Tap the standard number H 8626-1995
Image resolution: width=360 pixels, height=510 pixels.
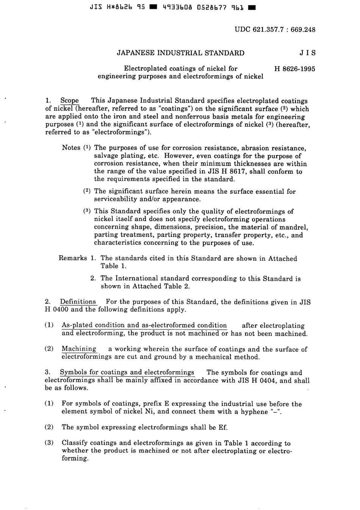294,69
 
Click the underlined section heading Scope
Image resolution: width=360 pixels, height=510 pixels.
70,101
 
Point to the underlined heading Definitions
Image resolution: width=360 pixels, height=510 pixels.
78,302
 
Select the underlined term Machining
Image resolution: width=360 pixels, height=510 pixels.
79,349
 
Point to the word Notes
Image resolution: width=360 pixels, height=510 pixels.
71,148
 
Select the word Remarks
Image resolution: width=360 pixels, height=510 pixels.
73,258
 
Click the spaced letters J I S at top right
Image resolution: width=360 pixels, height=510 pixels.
307,53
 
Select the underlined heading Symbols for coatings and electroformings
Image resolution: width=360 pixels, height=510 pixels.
127,372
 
